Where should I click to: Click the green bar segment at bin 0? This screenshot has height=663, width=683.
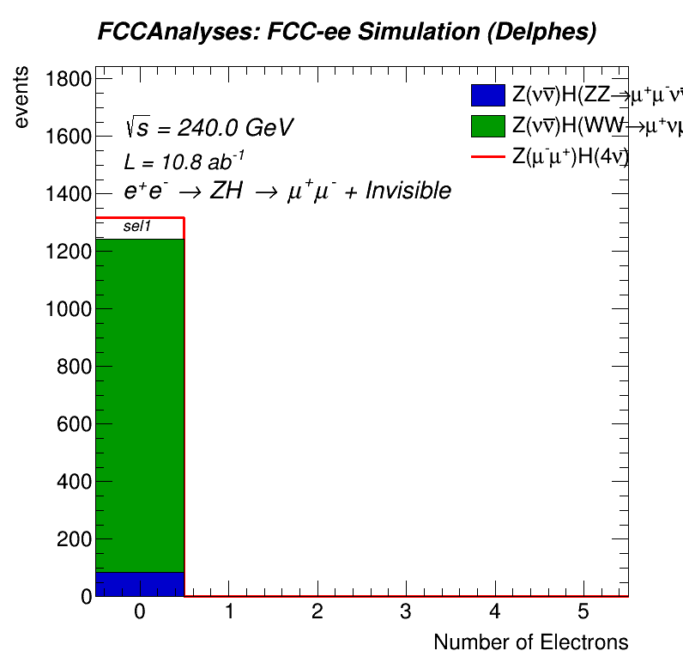pos(140,404)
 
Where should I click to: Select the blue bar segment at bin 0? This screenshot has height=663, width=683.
pos(140,584)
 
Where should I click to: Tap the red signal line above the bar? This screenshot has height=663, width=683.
pos(140,218)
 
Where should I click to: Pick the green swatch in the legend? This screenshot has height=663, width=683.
pos(487,125)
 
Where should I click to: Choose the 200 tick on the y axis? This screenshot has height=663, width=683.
pos(72,539)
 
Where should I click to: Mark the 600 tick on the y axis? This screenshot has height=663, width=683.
pos(72,424)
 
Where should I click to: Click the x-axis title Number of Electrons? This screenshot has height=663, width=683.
pos(530,642)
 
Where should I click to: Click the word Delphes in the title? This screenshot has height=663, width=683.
pos(550,33)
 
